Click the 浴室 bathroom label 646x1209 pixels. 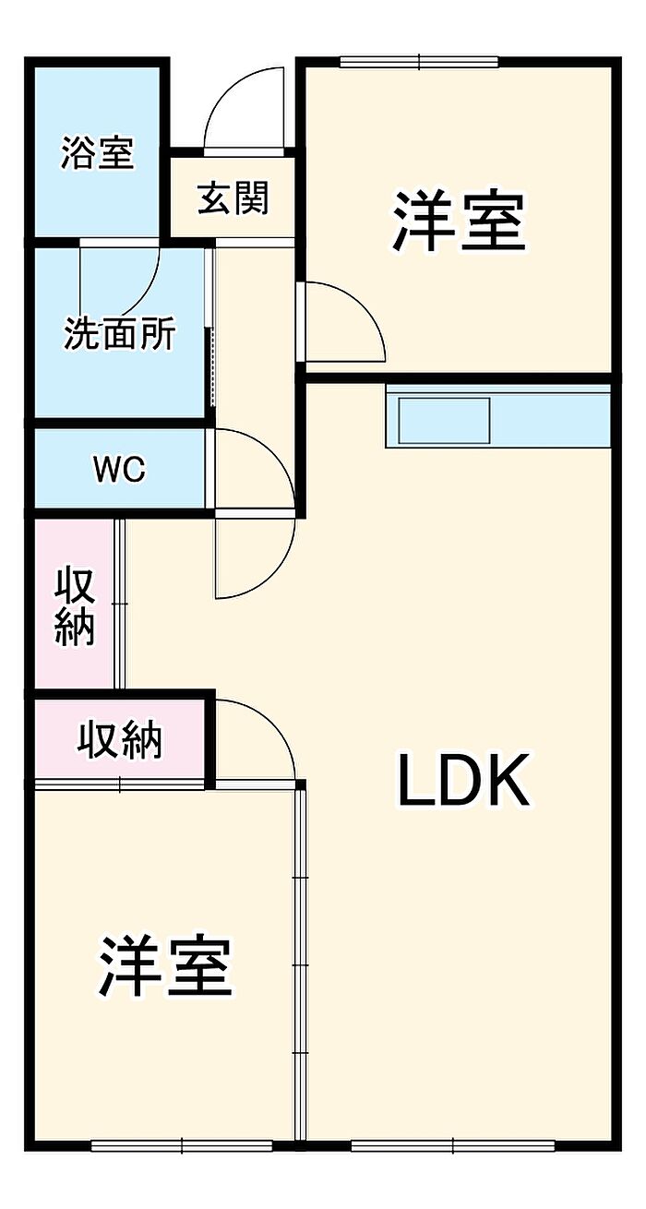[97, 153]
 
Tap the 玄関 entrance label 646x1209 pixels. [233, 198]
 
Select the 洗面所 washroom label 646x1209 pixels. [120, 334]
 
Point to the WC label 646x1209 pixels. [119, 470]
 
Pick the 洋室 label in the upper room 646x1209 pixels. [459, 221]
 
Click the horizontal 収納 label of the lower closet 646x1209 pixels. [119, 739]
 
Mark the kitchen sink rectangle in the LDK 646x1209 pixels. [444, 419]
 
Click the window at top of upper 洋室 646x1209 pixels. [419, 62]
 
